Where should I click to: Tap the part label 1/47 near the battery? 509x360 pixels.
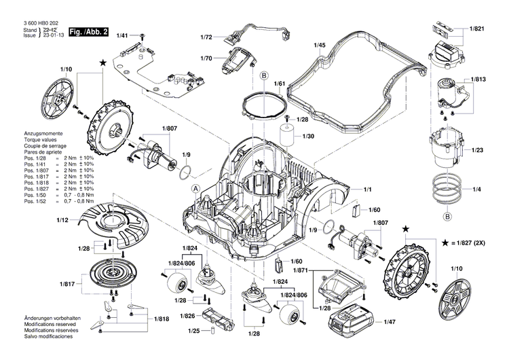tap(392, 323)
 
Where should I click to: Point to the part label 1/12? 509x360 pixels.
tap(62, 220)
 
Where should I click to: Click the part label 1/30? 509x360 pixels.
tap(309, 136)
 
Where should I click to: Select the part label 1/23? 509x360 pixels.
tap(477, 149)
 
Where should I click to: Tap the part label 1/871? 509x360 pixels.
tap(300, 270)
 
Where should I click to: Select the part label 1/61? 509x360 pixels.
tap(279, 84)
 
